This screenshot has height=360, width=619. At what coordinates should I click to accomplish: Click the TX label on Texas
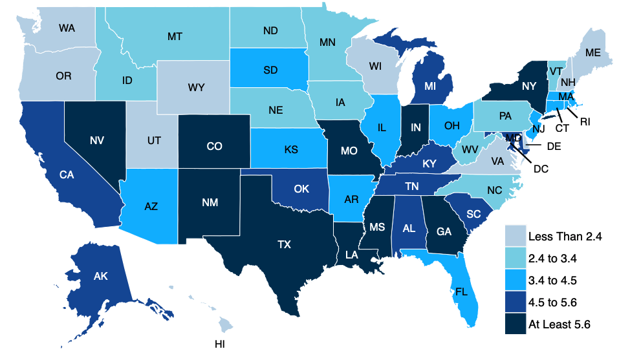click(x=284, y=245)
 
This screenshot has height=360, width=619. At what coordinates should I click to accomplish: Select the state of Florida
click(x=461, y=291)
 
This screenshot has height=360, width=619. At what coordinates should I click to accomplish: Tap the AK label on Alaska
click(x=100, y=277)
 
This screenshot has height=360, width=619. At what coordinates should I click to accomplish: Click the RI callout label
click(x=583, y=120)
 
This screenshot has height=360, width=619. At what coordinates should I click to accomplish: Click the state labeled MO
click(x=349, y=151)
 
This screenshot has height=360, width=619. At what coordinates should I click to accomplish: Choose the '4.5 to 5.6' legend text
click(x=557, y=302)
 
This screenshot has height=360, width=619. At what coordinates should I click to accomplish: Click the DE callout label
click(x=553, y=147)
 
